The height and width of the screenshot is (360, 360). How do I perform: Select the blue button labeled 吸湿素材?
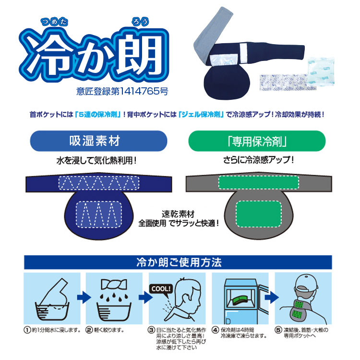click(98, 142)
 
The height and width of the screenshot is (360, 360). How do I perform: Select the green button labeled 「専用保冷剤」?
click(256, 142)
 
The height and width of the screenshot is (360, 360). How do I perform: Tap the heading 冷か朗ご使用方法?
click(178, 263)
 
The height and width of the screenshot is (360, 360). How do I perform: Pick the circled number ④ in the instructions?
click(216, 330)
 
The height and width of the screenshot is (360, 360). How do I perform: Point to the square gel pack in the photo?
click(316, 72)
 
